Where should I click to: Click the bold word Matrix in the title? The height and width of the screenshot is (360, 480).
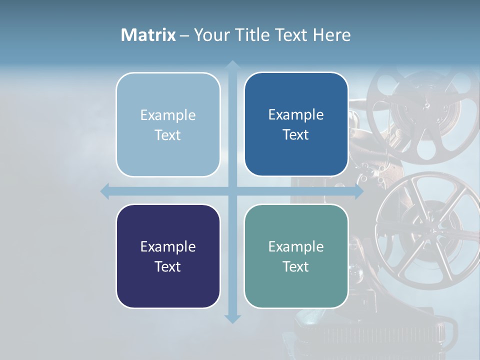pyautogui.click(x=148, y=35)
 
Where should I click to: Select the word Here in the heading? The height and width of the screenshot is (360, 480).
pyautogui.click(x=332, y=35)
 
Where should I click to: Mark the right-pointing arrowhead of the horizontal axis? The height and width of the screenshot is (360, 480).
pyautogui.click(x=359, y=191)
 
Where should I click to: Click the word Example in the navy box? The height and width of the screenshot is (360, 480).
pyautogui.click(x=168, y=246)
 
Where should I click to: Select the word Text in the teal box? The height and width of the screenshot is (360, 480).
pyautogui.click(x=296, y=266)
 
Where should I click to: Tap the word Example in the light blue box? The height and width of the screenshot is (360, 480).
pyautogui.click(x=168, y=115)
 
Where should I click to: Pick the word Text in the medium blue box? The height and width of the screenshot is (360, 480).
pyautogui.click(x=296, y=134)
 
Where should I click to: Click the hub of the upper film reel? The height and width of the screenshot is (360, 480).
pyautogui.click(x=426, y=105)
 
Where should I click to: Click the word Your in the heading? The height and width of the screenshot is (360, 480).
pyautogui.click(x=210, y=35)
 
